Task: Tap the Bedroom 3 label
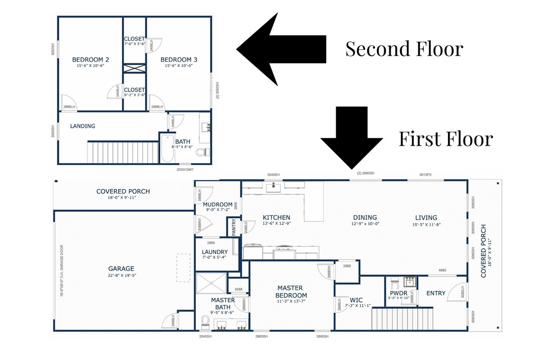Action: click(x=179, y=60)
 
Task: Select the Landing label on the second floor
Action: click(x=83, y=126)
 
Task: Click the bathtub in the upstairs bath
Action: click(x=167, y=149)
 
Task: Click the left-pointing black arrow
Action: click(x=281, y=49)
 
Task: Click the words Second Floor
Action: click(x=404, y=49)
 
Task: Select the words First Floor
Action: click(x=446, y=139)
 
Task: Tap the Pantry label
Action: click(x=234, y=227)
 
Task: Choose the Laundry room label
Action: click(x=215, y=252)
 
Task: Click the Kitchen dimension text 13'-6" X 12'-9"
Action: click(x=276, y=224)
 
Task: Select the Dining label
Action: click(x=365, y=217)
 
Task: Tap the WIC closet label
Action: click(x=356, y=300)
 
